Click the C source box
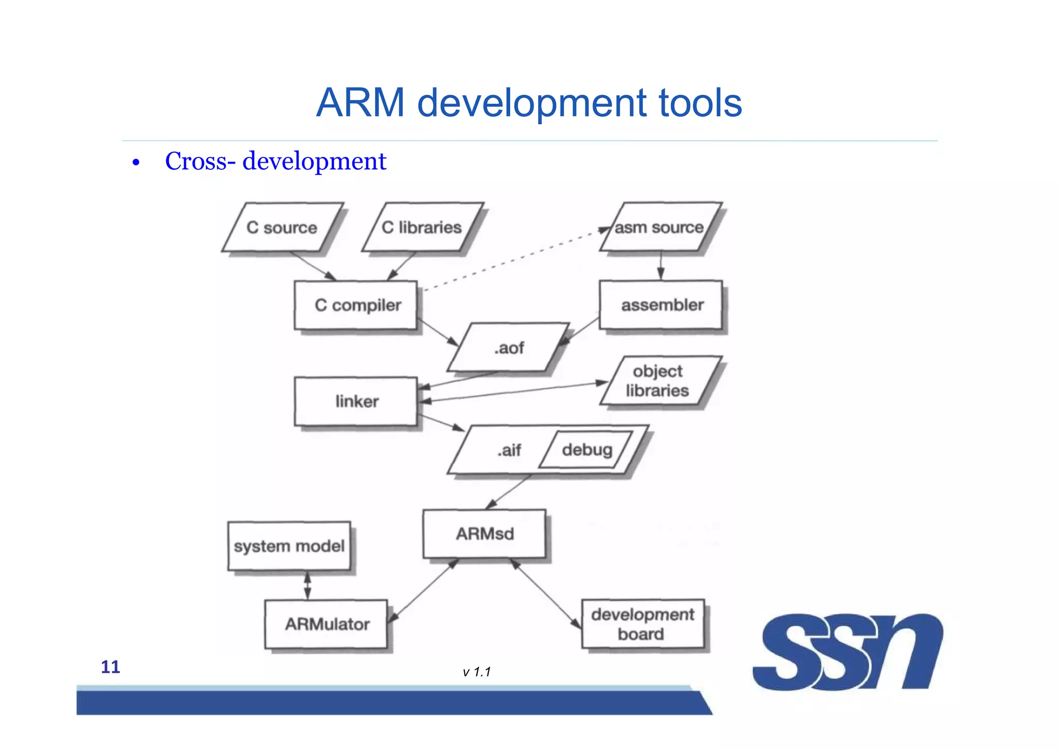point(282,227)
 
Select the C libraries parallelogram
point(422,227)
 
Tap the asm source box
point(659,227)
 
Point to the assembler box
point(661,305)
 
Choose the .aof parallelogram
point(509,348)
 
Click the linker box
point(356,401)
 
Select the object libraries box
point(658,381)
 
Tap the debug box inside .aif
point(586,450)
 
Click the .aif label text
point(509,450)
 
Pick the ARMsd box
point(484,534)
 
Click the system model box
point(289,546)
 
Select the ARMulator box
point(326,624)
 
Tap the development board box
point(643,624)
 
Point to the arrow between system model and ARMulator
point(307,585)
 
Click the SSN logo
point(848,652)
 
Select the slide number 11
point(110,667)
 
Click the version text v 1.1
point(477,672)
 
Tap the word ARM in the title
point(360,103)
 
